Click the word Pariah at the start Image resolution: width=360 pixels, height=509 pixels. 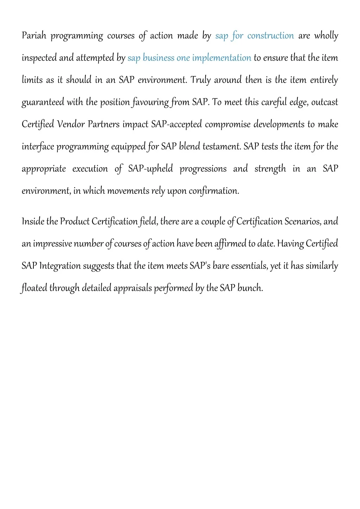coord(34,36)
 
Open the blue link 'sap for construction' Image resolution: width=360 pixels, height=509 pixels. coord(254,36)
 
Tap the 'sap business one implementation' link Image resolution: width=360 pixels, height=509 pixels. coord(189,58)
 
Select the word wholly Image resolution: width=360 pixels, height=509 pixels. coord(326,36)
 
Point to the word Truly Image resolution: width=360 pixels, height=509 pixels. coord(201,80)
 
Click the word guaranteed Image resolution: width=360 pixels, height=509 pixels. coord(43,102)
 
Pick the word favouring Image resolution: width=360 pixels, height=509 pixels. coord(150,102)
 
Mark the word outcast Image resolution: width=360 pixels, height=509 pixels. coord(324,102)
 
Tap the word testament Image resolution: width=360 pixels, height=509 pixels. coord(222,147)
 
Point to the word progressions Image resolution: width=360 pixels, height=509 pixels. coord(203,169)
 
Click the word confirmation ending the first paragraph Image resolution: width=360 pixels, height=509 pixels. coord(214,191)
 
